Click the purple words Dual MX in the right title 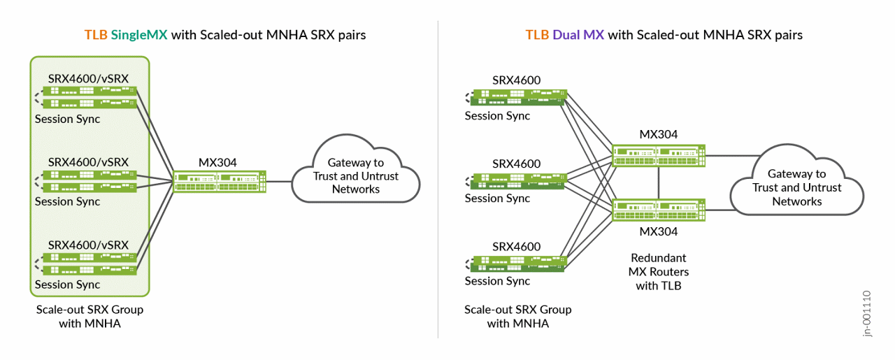[578, 35]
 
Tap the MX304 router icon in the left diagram [220, 182]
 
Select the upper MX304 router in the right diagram [659, 155]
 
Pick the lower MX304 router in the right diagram [659, 209]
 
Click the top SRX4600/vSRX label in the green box [88, 79]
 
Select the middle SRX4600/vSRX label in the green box [88, 161]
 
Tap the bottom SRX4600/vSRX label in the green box [88, 245]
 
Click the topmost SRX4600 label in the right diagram [517, 80]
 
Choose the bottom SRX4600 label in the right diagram [517, 247]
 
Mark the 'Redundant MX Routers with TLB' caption [659, 271]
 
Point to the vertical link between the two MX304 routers [659, 182]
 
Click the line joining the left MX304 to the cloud [279, 182]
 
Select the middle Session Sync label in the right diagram [497, 199]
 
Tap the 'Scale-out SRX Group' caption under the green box [89, 309]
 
